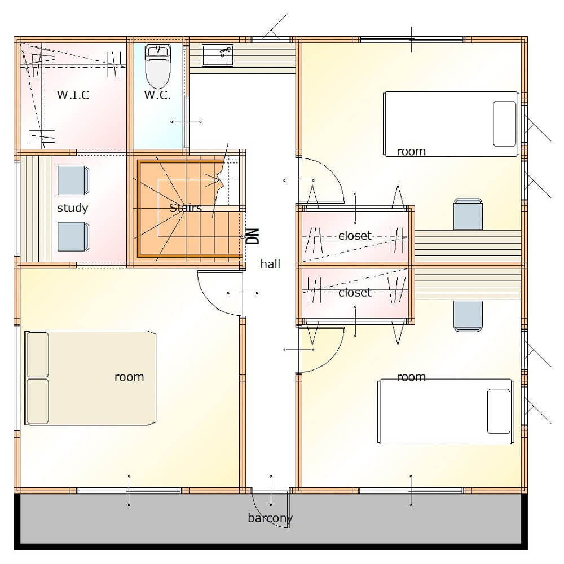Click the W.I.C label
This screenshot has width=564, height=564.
[x=73, y=95]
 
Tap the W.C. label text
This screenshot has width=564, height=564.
[x=157, y=95]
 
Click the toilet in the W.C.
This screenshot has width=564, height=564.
[x=158, y=66]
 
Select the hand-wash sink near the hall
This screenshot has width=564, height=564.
[x=218, y=55]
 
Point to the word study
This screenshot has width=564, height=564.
[x=73, y=208]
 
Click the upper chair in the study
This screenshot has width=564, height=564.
[x=73, y=180]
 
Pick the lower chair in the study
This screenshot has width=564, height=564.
[x=73, y=236]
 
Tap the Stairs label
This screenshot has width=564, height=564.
[x=186, y=208]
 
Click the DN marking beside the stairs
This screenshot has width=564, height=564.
[x=254, y=236]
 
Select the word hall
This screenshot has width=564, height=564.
[x=270, y=264]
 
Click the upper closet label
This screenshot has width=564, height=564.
[x=355, y=236]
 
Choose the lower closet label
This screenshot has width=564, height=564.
[x=355, y=292]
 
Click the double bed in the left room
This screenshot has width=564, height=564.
[x=90, y=378]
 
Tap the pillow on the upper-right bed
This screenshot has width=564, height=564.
[x=504, y=124]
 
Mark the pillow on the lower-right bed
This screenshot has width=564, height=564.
[x=499, y=411]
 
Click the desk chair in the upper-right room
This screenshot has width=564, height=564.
[x=468, y=214]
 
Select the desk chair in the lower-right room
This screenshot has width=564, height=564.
[x=468, y=316]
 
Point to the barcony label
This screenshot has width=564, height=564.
[x=270, y=518]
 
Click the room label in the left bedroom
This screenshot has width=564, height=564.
[x=129, y=377]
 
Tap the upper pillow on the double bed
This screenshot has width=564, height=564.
[x=38, y=355]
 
